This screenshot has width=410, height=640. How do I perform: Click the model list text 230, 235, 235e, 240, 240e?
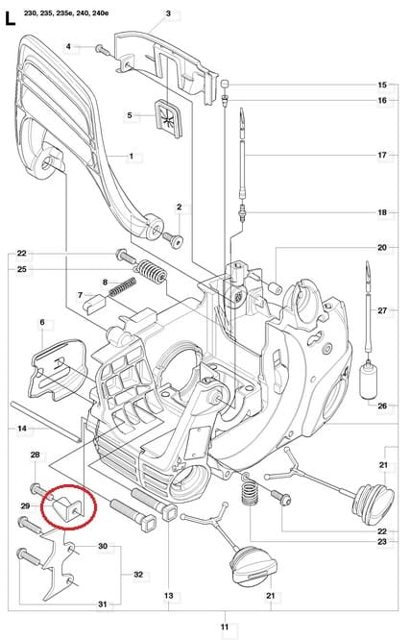(66, 13)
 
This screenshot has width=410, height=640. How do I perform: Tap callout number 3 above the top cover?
(168, 13)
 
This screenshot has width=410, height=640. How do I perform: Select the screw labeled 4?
(103, 50)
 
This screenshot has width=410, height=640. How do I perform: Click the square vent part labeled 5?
(169, 118)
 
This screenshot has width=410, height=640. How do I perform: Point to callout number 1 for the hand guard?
(131, 156)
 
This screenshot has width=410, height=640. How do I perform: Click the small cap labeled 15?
(224, 84)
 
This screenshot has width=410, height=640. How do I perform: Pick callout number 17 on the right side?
(381, 155)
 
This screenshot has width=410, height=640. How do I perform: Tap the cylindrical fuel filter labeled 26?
(369, 382)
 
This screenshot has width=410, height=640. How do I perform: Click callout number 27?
(381, 310)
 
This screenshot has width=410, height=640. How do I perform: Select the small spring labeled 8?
(122, 287)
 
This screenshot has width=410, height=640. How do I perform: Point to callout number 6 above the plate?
(42, 323)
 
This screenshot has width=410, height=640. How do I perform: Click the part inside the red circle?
(68, 507)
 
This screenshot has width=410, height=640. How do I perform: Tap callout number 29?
(25, 506)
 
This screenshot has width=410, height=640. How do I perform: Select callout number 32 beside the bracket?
(138, 575)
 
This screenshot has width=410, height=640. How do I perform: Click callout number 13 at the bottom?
(168, 596)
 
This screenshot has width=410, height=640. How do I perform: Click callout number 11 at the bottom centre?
(225, 627)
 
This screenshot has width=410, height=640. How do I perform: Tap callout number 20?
(381, 247)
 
